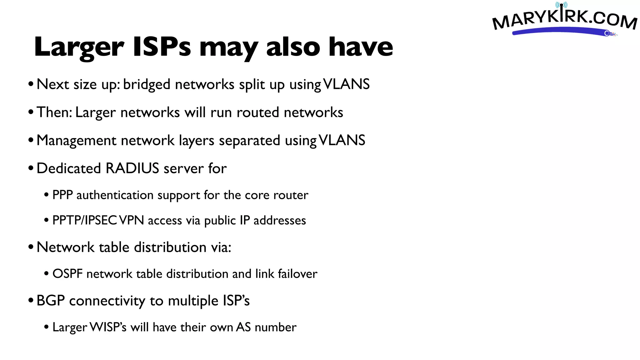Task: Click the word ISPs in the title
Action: [x=162, y=47]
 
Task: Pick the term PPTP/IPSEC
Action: [x=85, y=220]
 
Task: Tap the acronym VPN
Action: [x=132, y=220]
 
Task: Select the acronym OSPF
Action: [x=67, y=274]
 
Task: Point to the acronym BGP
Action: [x=51, y=301]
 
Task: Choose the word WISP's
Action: [x=108, y=327]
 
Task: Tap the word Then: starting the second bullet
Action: [x=54, y=112]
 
